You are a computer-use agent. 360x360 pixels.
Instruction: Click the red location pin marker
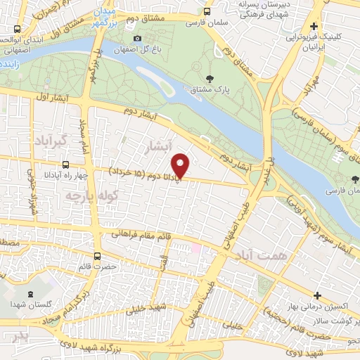pos(181,165)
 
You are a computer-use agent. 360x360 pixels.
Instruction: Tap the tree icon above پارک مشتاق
pos(210,79)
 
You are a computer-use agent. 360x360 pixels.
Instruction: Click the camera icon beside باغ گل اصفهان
pos(137,38)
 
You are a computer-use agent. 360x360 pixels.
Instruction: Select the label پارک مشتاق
pos(210,89)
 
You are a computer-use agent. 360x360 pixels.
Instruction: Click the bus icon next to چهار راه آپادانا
pos(65,165)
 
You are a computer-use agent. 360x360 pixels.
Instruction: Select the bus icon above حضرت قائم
pos(97,256)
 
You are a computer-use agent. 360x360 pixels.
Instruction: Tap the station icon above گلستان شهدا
pos(30,294)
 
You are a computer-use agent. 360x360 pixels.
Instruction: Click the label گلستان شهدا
pos(29,304)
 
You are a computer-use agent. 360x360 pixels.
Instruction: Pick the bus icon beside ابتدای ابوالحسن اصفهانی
pos(17,29)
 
